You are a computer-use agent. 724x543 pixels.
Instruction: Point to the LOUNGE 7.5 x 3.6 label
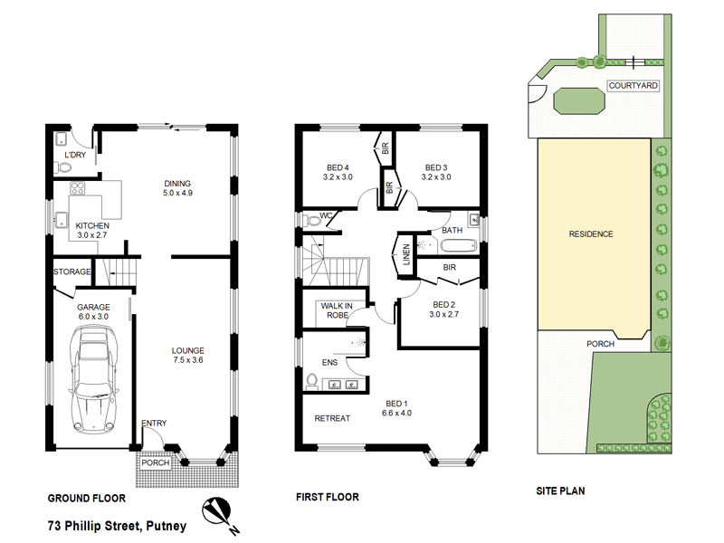pos(187,356)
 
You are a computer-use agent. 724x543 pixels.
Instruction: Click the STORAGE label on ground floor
pos(71,271)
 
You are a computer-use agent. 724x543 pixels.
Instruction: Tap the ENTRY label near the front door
pos(153,424)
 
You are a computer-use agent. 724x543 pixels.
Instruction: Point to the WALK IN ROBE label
pos(336,310)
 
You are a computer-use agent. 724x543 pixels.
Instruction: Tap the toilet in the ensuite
pos(312,381)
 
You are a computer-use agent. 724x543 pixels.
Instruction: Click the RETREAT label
pos(332,418)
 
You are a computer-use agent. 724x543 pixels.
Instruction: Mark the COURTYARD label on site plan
pos(633,85)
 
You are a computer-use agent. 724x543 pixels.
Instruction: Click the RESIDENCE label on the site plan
pos(590,234)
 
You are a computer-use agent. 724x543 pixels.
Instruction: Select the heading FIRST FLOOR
pos(328,497)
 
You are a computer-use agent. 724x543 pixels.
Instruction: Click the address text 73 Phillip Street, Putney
pos(116,524)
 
